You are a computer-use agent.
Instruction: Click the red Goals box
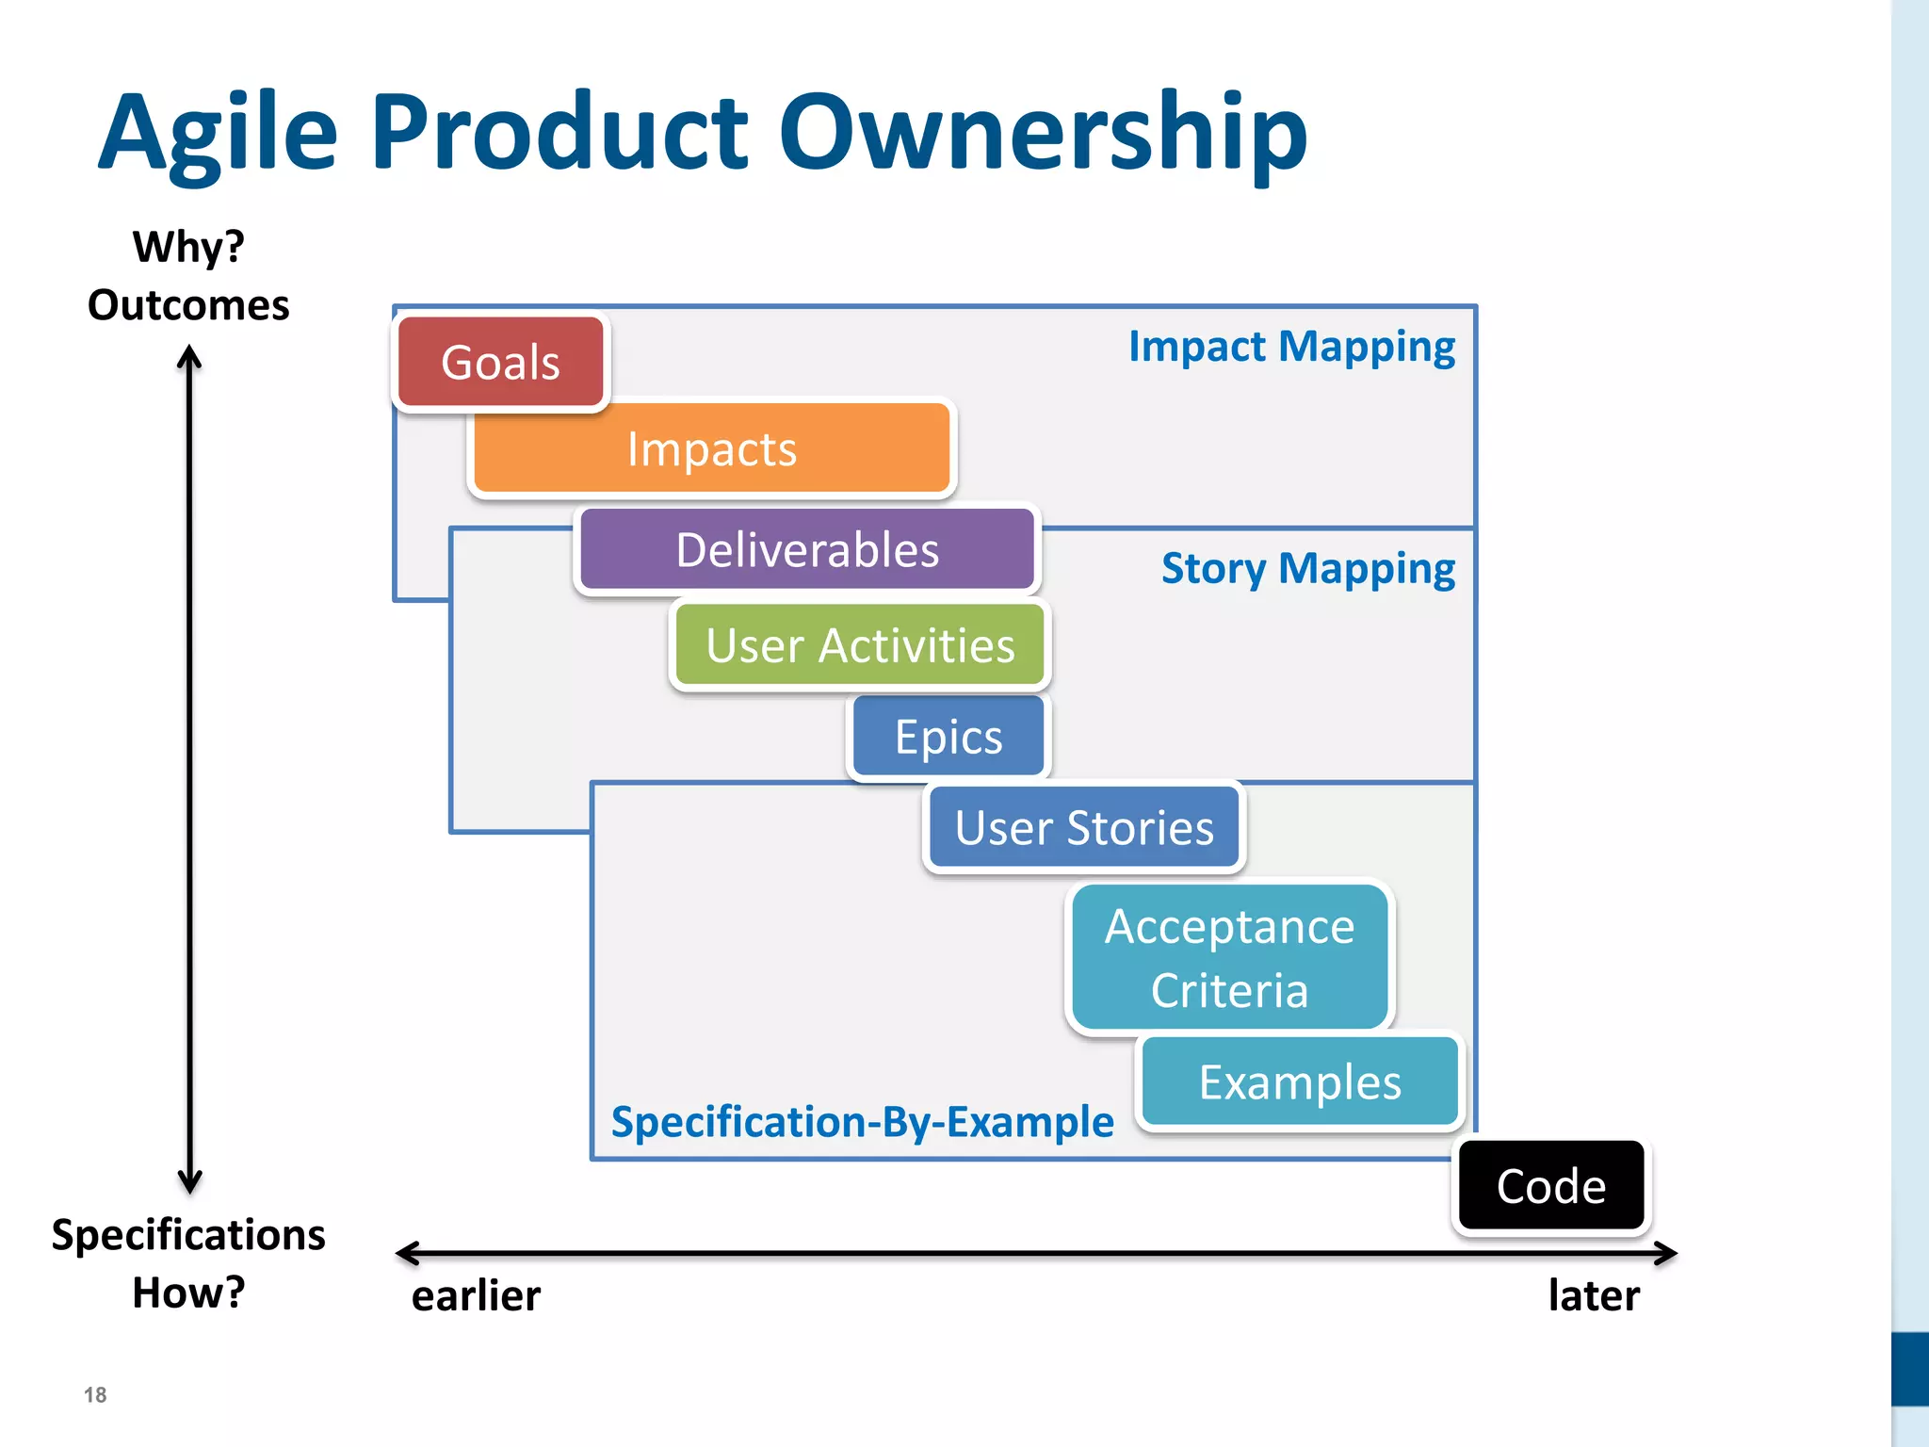coord(500,363)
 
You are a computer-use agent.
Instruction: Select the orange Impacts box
coord(712,448)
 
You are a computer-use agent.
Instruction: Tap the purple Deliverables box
coord(807,549)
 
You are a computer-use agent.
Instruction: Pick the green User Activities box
coord(860,645)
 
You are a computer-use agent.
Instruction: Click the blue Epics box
coord(948,736)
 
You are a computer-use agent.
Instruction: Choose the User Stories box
coord(1084,827)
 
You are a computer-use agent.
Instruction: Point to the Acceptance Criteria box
coord(1229,957)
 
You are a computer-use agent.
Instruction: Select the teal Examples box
coord(1300,1081)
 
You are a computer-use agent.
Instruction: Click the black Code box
coord(1551,1185)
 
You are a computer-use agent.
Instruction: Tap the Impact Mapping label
coord(1291,347)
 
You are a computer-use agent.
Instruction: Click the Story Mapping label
coord(1307,569)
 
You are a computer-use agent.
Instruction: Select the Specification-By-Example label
coord(862,1122)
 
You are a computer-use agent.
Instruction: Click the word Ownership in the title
coord(1043,132)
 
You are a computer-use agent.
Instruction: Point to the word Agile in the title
coord(218,132)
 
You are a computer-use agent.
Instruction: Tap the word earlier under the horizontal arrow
coord(476,1295)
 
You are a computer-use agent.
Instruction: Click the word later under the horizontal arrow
coord(1594,1295)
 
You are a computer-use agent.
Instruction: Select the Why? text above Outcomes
coord(188,247)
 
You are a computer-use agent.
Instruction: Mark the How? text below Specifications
coord(188,1293)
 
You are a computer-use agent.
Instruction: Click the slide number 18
coord(95,1395)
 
